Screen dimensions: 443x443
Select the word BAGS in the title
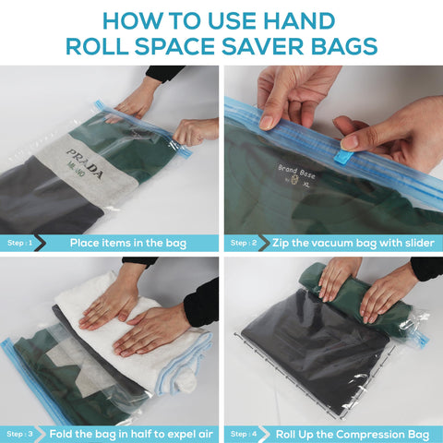click(x=347, y=47)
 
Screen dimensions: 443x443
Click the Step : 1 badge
click(x=20, y=244)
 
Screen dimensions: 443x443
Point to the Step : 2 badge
click(x=243, y=244)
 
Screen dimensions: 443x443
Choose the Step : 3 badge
click(x=20, y=433)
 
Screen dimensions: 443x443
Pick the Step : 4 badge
click(x=243, y=433)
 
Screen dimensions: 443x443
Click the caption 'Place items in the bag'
click(x=128, y=244)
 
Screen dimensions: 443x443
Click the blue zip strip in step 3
click(x=20, y=378)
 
